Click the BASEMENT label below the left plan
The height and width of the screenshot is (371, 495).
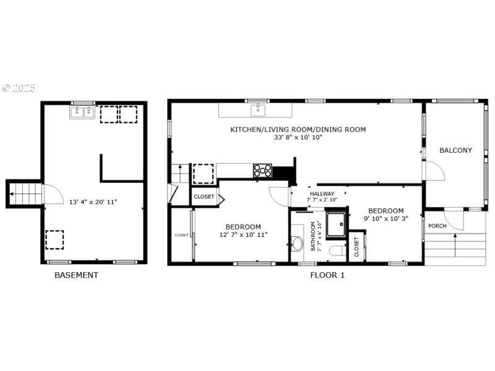[76, 275]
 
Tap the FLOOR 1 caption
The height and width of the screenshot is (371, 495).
[327, 275]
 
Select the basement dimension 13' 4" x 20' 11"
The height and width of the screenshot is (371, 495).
[93, 202]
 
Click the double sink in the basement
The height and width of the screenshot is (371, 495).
[82, 112]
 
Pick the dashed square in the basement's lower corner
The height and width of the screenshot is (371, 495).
[54, 239]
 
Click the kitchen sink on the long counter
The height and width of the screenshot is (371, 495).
[258, 110]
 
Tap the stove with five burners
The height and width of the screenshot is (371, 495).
[262, 171]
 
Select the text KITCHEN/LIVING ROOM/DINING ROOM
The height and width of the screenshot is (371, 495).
[298, 129]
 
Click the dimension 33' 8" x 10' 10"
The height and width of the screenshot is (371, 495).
[298, 137]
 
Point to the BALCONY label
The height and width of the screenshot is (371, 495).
[455, 150]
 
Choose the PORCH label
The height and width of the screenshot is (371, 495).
[437, 226]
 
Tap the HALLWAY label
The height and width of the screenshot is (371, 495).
[322, 194]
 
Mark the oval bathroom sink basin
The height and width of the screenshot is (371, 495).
[298, 242]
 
